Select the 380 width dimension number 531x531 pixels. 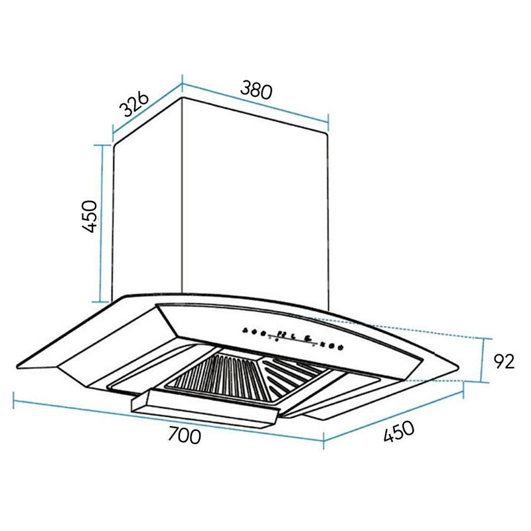256,90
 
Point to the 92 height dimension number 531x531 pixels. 504,362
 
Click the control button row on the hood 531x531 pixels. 292,337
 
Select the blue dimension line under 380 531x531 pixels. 256,103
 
